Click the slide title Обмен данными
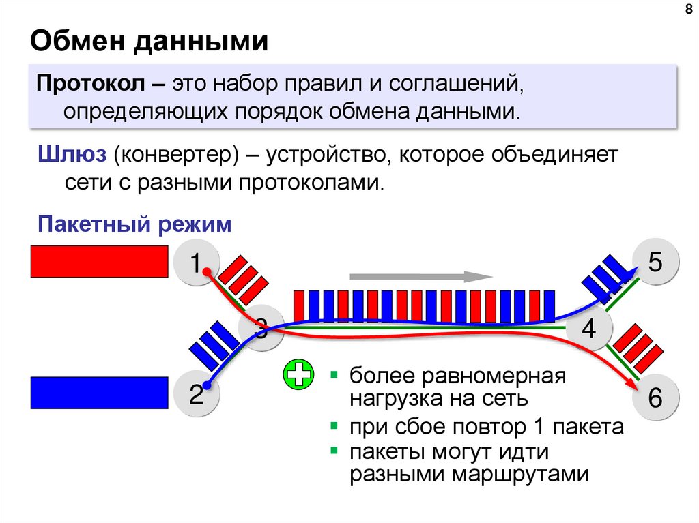pos(148,42)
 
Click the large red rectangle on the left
pos(99,262)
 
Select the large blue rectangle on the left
pos(99,392)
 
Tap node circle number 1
pos(195,263)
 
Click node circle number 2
pos(195,394)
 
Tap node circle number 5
pos(655,263)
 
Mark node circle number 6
pos(655,398)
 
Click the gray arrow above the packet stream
pos(420,277)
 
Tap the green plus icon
pos(298,375)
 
